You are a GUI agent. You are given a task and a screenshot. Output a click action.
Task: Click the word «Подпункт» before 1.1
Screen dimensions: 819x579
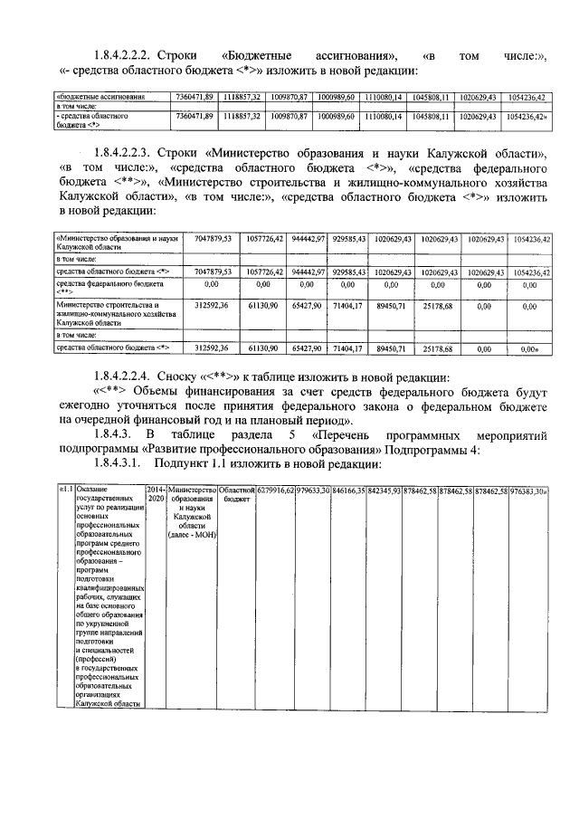point(196,463)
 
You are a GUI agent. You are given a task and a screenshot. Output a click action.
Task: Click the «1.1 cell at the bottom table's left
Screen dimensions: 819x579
point(65,490)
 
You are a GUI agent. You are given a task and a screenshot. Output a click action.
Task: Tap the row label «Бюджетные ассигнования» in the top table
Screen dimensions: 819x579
point(99,96)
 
